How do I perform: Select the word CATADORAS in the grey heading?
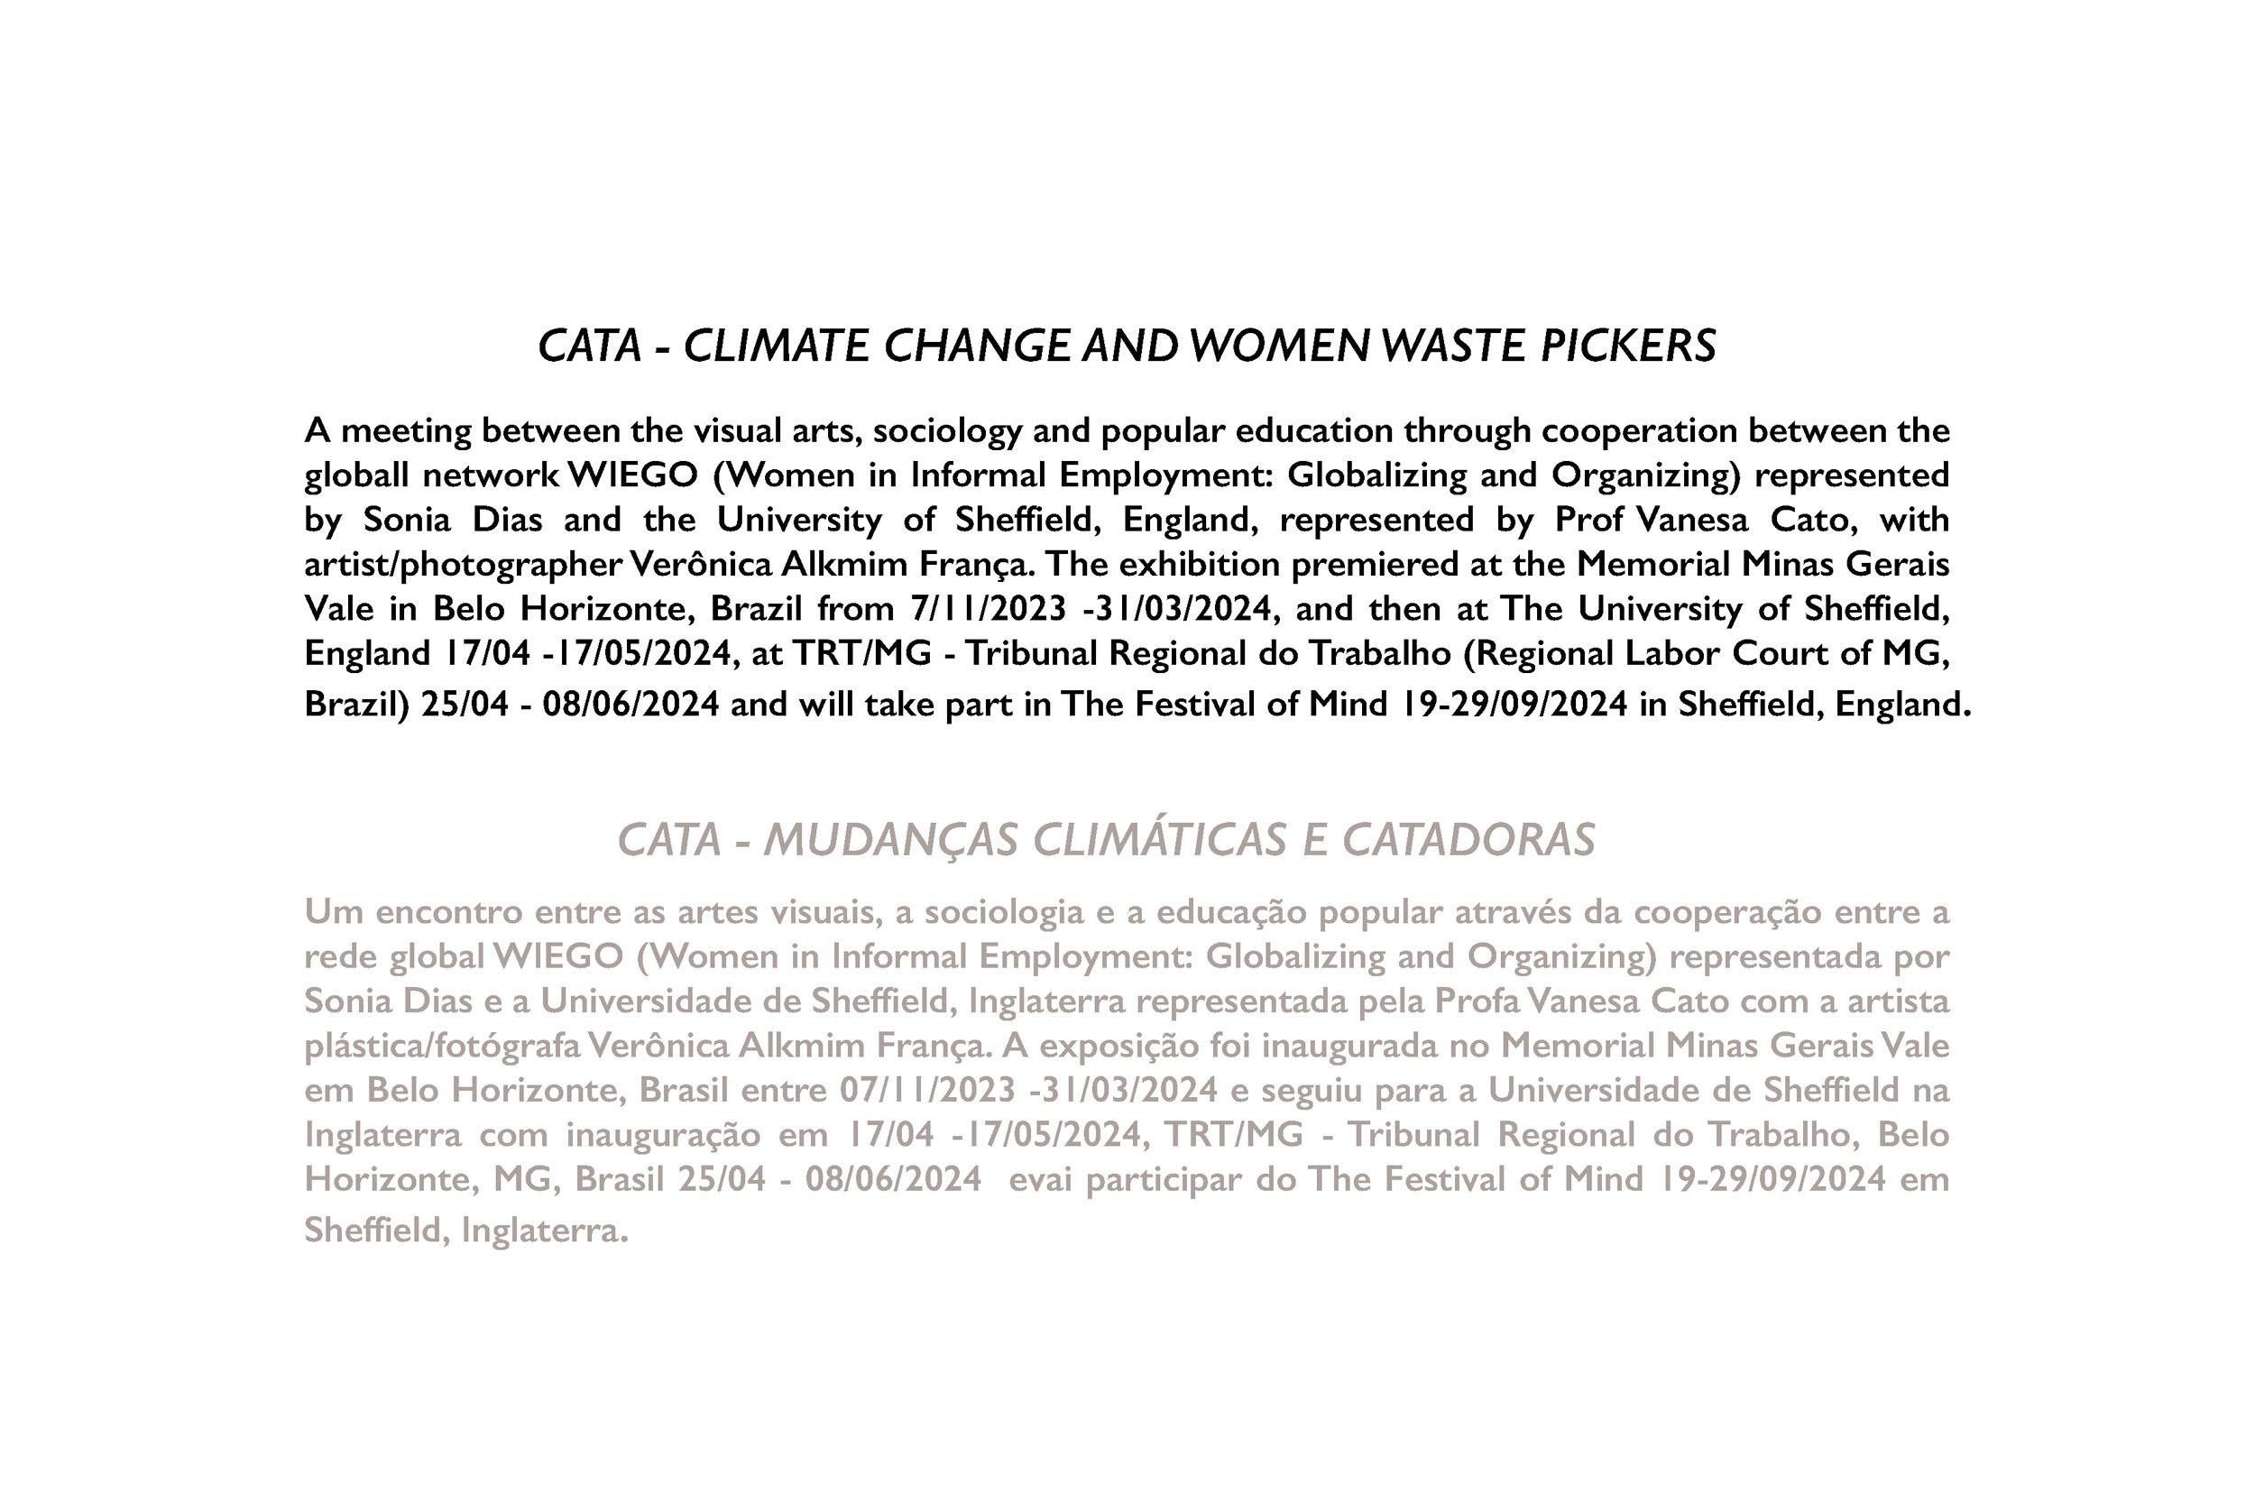click(1468, 840)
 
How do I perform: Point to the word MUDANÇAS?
click(888, 840)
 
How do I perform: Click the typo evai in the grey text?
click(1041, 1179)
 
